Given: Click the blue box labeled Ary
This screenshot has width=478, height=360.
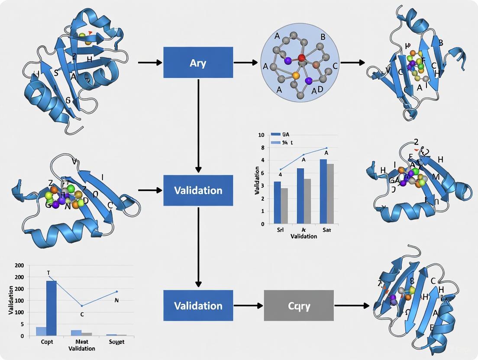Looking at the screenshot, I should coord(198,62).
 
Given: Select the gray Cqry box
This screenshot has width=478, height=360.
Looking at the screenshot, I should coord(299,305).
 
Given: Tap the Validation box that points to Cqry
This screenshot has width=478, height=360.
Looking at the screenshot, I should coord(198,305).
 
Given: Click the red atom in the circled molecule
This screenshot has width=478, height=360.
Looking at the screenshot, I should coord(302,58).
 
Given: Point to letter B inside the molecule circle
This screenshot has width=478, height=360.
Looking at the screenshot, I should coord(323,37).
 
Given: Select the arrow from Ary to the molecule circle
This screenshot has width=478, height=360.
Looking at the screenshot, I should coord(246,63).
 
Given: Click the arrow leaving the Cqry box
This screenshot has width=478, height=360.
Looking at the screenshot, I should coord(351,306).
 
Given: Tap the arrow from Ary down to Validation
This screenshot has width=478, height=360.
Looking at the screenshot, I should coord(198,125).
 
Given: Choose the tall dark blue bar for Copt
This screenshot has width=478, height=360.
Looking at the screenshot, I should coord(52,308).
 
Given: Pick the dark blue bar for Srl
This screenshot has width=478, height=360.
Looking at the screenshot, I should coord(278,202).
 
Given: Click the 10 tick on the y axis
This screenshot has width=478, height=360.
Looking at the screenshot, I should coord(261,135).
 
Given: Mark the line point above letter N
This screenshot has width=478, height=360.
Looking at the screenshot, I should coord(117,291).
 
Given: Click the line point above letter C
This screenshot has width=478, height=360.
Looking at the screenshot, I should coord(82,306).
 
